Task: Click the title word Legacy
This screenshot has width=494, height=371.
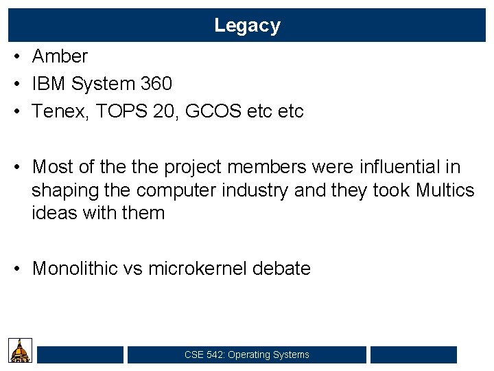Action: pyautogui.click(x=247, y=25)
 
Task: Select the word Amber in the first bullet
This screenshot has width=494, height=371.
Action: pyautogui.click(x=60, y=56)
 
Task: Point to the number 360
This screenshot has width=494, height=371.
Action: pyautogui.click(x=156, y=84)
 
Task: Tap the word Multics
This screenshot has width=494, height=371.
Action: pyautogui.click(x=445, y=190)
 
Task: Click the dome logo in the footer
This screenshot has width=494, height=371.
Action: pyautogui.click(x=21, y=350)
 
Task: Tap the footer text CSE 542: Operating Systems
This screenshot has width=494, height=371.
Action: pyautogui.click(x=247, y=355)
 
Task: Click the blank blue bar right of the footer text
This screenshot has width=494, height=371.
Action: pyautogui.click(x=413, y=355)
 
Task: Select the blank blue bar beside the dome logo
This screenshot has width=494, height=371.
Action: pyautogui.click(x=80, y=355)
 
